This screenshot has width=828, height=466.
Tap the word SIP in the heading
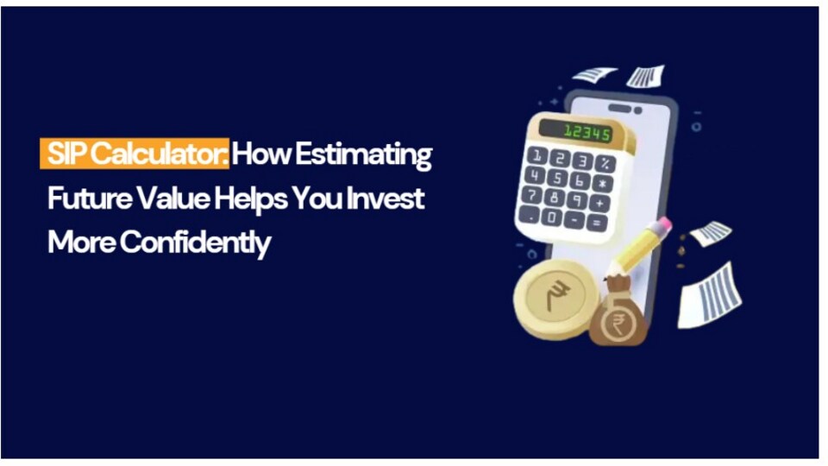pos(67,154)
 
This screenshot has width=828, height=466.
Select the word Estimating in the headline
pos(363,155)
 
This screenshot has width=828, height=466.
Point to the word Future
pos(90,198)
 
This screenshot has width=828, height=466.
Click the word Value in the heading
pos(173,198)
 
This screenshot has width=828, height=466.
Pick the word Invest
pos(386,198)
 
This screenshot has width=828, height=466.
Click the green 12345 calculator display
pos(586,132)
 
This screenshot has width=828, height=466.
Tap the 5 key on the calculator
pos(557,178)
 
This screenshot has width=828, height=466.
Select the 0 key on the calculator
pos(552,217)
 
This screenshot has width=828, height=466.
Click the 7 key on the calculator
pos(531,194)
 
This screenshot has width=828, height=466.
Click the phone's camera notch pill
pos(619,109)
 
